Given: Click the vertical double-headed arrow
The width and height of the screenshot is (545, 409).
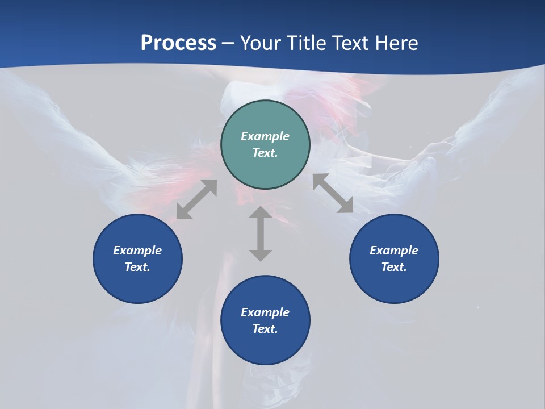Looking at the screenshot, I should [x=261, y=233].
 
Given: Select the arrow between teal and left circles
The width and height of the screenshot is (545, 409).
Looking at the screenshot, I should [x=196, y=199].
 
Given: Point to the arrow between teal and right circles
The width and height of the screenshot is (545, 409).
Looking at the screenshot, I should [x=333, y=193].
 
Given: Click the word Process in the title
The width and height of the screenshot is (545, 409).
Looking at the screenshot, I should [x=178, y=43].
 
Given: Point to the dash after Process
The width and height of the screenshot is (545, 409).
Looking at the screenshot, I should [x=227, y=43].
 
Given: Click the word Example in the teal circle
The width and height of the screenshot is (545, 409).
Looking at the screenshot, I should [x=265, y=136].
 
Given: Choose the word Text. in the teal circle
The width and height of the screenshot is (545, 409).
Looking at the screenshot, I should [x=265, y=153].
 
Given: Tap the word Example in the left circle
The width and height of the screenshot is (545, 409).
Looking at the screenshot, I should [x=137, y=251].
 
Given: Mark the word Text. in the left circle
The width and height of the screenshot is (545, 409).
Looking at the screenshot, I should [x=137, y=267].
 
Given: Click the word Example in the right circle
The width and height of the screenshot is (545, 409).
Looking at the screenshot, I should [x=394, y=251].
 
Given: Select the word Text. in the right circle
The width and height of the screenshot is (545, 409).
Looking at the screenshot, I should [x=394, y=267].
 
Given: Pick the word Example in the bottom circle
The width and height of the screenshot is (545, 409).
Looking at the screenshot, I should [x=265, y=312].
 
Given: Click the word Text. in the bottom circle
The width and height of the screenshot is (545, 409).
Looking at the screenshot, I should [x=265, y=329].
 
